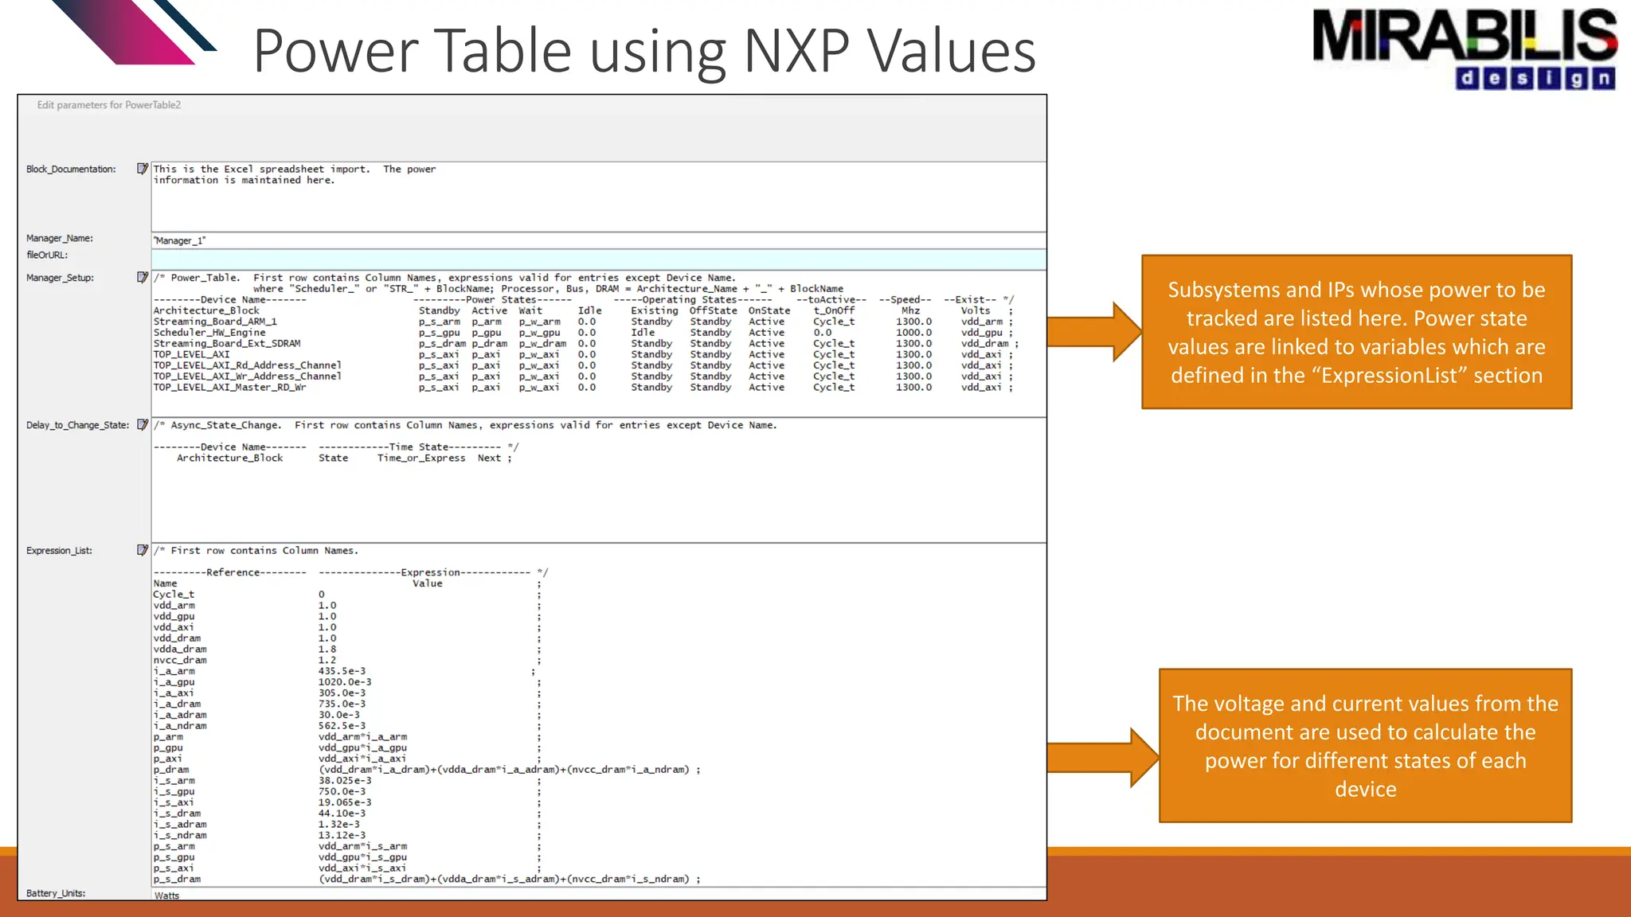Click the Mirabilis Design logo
1464,48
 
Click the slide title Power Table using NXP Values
644,51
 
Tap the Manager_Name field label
60,238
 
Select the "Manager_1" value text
180,240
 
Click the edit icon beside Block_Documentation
143,169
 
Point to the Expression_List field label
59,550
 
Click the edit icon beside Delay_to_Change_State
143,424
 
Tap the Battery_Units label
56,893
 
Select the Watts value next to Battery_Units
167,896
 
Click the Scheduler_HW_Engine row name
209,333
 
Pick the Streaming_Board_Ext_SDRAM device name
227,344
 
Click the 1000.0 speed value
913,333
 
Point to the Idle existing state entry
643,333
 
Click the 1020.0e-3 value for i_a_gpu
345,682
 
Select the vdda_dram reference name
180,649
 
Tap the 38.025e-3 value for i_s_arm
345,781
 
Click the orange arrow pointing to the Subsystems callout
1095,331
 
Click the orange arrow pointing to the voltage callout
1103,758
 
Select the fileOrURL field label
47,255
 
